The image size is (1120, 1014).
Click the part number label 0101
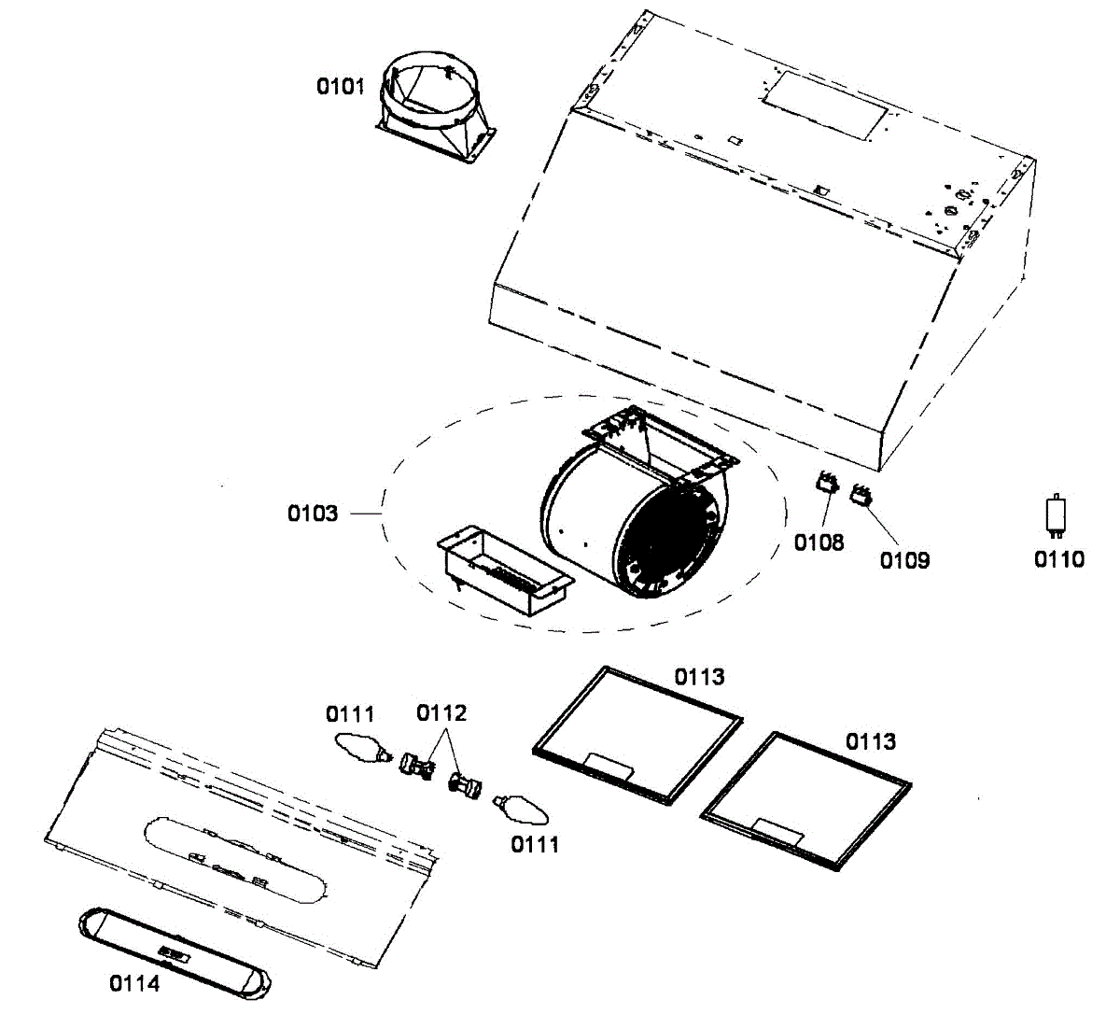(x=340, y=88)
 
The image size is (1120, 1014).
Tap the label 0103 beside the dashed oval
(x=313, y=514)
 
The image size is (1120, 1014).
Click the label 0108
(x=819, y=542)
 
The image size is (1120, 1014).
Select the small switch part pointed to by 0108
(x=825, y=483)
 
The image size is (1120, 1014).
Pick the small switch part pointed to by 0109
(x=860, y=496)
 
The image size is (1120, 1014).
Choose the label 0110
(x=1059, y=558)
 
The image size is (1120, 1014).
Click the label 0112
(x=441, y=713)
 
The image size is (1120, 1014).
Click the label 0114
(x=134, y=983)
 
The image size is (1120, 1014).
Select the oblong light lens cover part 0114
(x=176, y=950)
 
